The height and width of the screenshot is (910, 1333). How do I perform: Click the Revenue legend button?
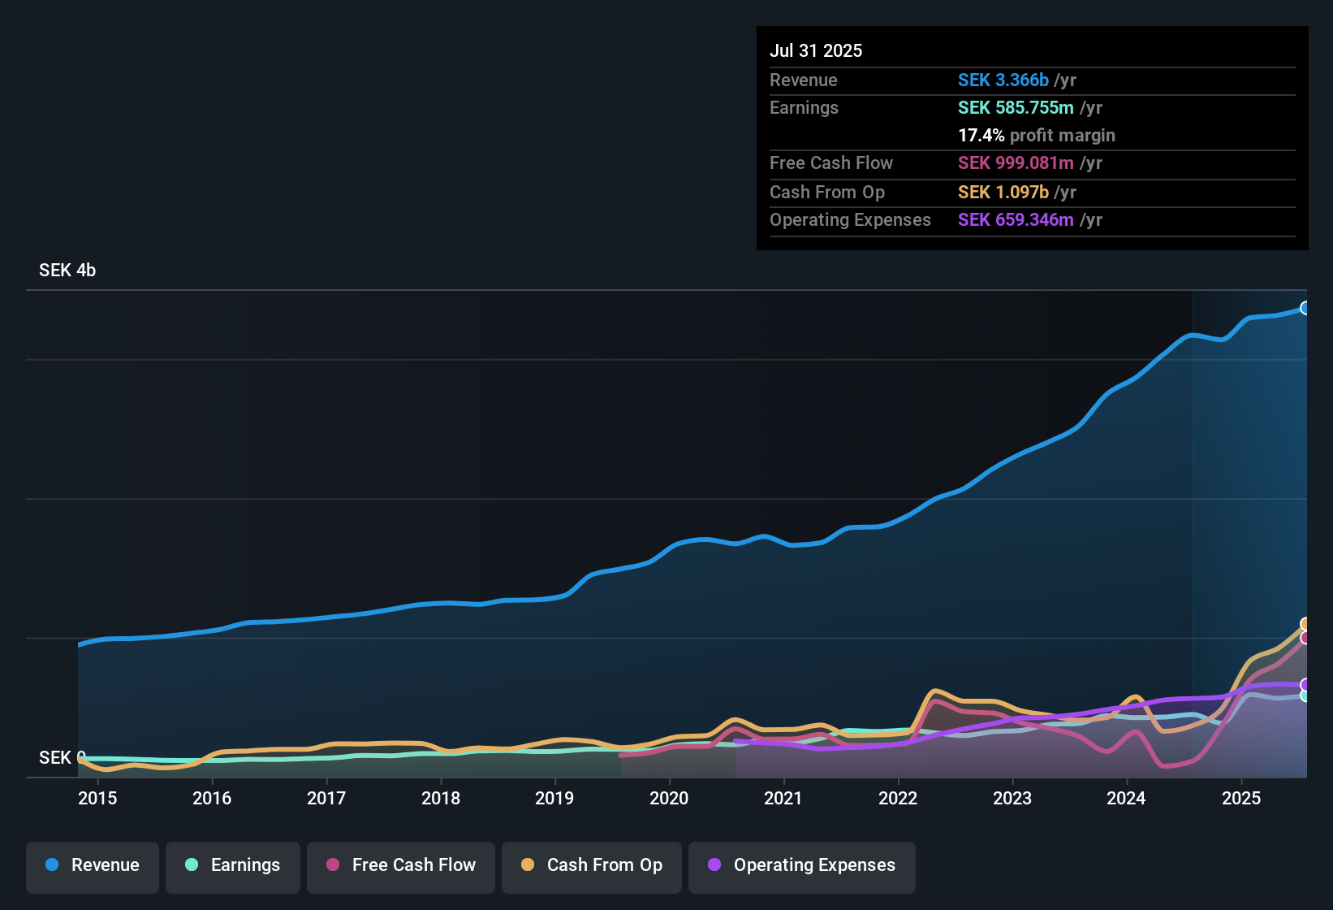click(x=93, y=865)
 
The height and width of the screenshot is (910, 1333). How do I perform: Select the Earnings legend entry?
click(x=233, y=865)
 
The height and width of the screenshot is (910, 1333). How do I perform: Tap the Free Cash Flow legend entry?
click(x=401, y=865)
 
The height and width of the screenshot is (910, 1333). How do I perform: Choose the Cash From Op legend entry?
click(x=592, y=865)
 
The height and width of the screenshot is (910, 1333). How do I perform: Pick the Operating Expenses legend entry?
click(x=802, y=865)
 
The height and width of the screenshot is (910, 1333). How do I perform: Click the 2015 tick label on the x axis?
click(x=97, y=798)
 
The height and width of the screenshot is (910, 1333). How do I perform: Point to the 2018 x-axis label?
click(x=441, y=798)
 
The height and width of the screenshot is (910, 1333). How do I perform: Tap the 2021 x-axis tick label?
click(x=783, y=798)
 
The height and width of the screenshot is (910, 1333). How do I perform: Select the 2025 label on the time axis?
click(x=1241, y=798)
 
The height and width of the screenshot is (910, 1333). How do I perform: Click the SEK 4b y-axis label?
click(x=67, y=270)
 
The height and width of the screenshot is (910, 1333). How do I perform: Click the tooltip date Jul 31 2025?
click(x=816, y=50)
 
